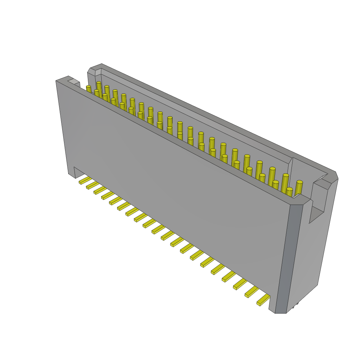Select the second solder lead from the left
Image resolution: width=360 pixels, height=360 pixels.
click(x=92, y=185)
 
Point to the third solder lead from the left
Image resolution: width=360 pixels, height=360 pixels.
click(x=100, y=190)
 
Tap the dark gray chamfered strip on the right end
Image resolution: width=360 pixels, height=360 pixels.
click(x=289, y=257)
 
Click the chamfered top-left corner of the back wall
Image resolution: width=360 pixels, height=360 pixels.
click(x=92, y=70)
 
